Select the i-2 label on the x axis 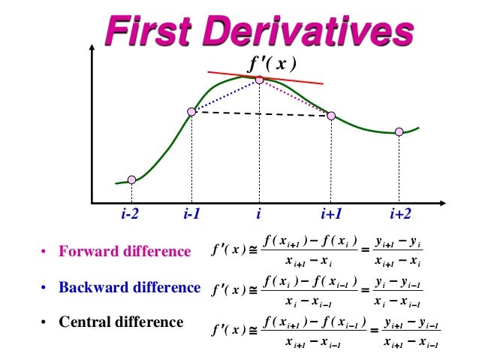tap(130, 214)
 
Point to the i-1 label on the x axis tap(191, 214)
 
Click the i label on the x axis tap(258, 214)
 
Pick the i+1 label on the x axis tap(331, 214)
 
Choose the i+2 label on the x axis tap(400, 214)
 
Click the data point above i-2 tap(131, 180)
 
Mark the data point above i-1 tap(191, 111)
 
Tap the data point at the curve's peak tap(259, 79)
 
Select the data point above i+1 tap(331, 116)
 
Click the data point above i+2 tap(399, 132)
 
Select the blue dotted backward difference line tap(225, 95)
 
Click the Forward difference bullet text tap(125, 252)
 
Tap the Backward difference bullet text tap(130, 287)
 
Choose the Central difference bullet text tap(121, 322)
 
